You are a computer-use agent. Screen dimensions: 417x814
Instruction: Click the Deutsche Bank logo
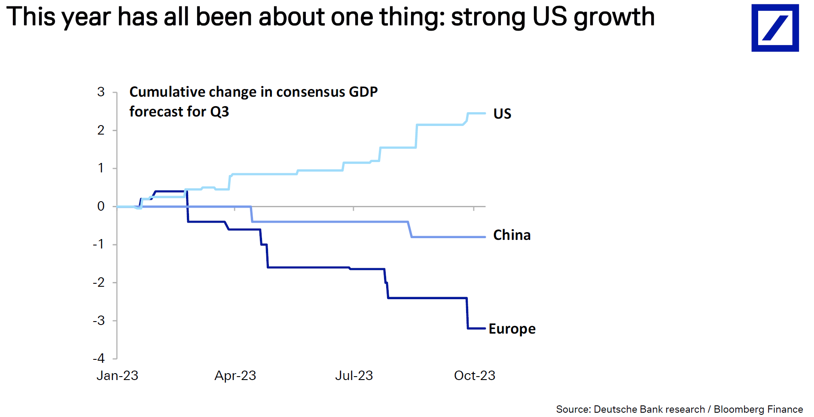[774, 28]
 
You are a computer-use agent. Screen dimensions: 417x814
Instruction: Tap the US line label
[502, 113]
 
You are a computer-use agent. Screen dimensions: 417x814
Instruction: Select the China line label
[512, 235]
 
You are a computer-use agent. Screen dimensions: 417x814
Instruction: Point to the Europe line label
[512, 329]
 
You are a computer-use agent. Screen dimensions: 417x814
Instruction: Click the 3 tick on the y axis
[101, 92]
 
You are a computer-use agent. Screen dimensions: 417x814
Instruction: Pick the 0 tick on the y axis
[101, 206]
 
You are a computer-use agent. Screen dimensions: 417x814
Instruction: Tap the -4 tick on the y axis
[99, 359]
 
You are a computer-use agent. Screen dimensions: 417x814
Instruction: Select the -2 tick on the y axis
[99, 282]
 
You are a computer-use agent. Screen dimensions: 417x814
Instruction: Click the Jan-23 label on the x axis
[117, 376]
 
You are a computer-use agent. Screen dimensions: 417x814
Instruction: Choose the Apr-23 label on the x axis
[235, 376]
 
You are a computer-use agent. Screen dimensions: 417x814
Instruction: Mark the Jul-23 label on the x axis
[354, 376]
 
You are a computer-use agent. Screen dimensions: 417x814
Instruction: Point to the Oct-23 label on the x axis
[475, 376]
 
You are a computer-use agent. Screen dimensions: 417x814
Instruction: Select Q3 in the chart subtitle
[220, 112]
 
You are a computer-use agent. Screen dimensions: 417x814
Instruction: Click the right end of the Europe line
[485, 328]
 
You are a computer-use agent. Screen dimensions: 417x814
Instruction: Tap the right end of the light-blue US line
[485, 113]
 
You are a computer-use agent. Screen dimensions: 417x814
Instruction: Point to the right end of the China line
[485, 237]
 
